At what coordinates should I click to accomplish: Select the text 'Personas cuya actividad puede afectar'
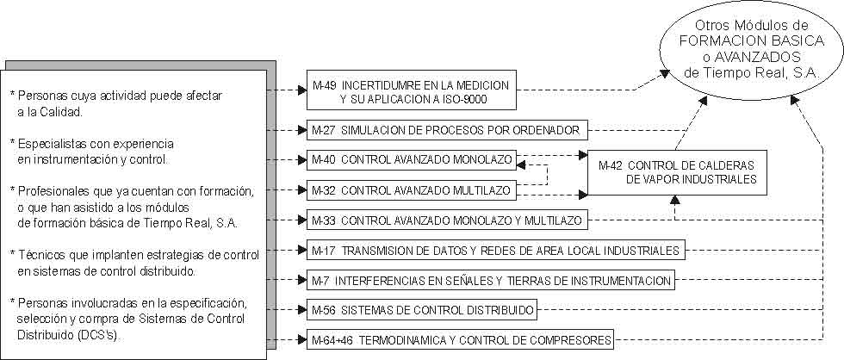point(115,96)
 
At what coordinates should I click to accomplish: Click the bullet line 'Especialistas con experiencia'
point(96,142)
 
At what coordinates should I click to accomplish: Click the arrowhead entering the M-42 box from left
point(583,156)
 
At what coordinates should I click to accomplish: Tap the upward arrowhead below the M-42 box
point(675,201)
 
